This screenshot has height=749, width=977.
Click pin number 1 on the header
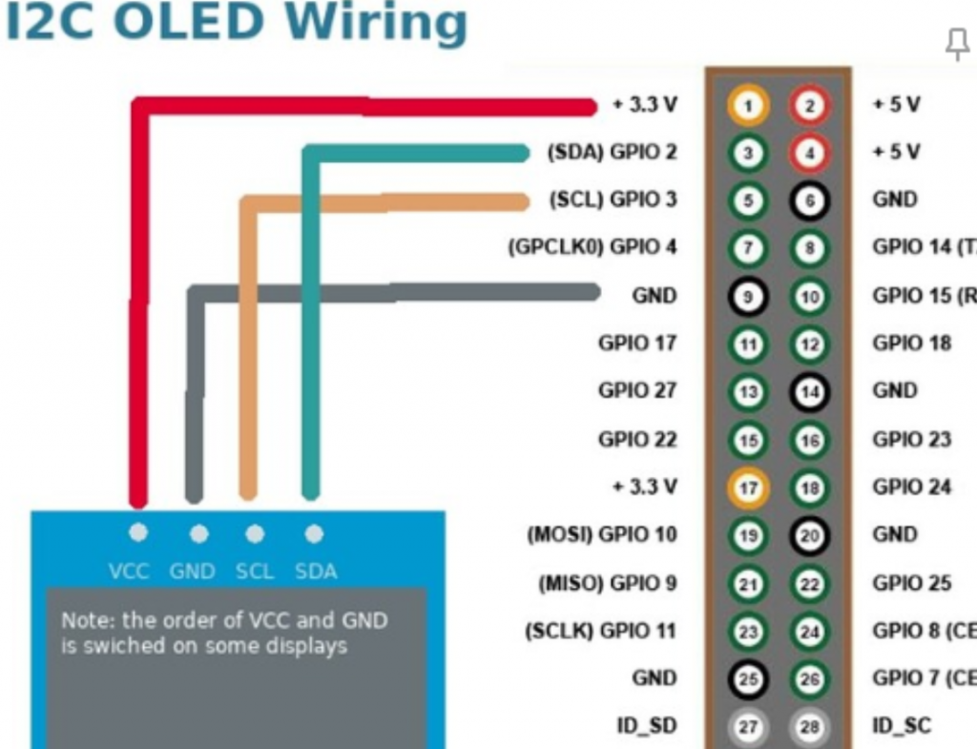pyautogui.click(x=749, y=105)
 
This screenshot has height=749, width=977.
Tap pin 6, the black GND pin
pyautogui.click(x=809, y=200)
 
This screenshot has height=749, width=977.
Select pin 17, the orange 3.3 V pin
pyautogui.click(x=749, y=488)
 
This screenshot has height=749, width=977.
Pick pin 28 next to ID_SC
pyautogui.click(x=809, y=727)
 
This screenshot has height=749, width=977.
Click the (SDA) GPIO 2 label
pyautogui.click(x=612, y=153)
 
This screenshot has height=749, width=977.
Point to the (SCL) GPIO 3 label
pyautogui.click(x=613, y=200)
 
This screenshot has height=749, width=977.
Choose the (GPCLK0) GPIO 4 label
pyautogui.click(x=592, y=248)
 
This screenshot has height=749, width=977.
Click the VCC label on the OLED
pyautogui.click(x=129, y=572)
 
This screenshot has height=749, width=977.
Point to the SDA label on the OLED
pyautogui.click(x=316, y=572)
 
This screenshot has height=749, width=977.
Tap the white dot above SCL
pyautogui.click(x=255, y=534)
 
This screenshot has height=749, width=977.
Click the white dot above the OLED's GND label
pyautogui.click(x=198, y=534)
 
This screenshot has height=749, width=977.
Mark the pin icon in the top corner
pyautogui.click(x=956, y=43)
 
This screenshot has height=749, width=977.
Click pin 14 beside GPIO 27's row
pyautogui.click(x=809, y=391)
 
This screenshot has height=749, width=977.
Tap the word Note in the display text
pyautogui.click(x=80, y=620)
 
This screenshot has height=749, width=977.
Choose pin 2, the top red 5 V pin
pyautogui.click(x=809, y=105)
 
